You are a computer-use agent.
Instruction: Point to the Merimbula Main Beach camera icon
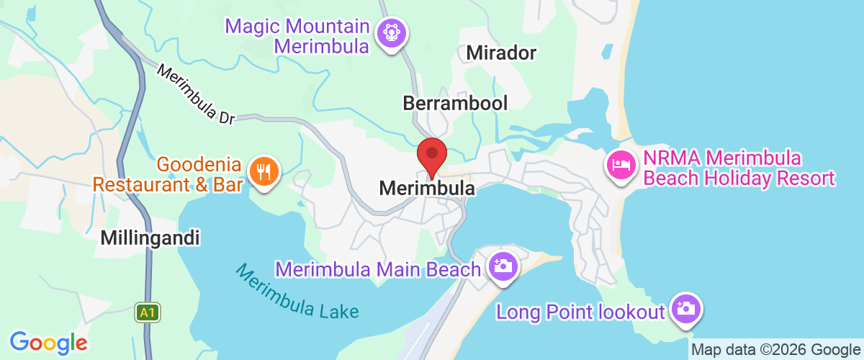click(x=502, y=266)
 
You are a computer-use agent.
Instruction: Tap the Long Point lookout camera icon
click(x=684, y=309)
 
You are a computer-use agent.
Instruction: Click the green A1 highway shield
click(x=147, y=312)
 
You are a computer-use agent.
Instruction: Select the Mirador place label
click(x=502, y=53)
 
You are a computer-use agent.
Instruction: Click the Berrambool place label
click(x=455, y=103)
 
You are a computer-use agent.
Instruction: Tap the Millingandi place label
click(x=150, y=238)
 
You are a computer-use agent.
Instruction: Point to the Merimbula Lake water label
click(x=297, y=292)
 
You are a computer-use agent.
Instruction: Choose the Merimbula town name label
click(x=427, y=189)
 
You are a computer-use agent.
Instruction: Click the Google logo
click(x=48, y=341)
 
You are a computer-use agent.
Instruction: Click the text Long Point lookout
click(x=580, y=312)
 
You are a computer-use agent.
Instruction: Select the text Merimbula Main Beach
click(x=378, y=270)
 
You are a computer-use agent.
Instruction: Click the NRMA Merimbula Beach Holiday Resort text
click(x=738, y=168)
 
